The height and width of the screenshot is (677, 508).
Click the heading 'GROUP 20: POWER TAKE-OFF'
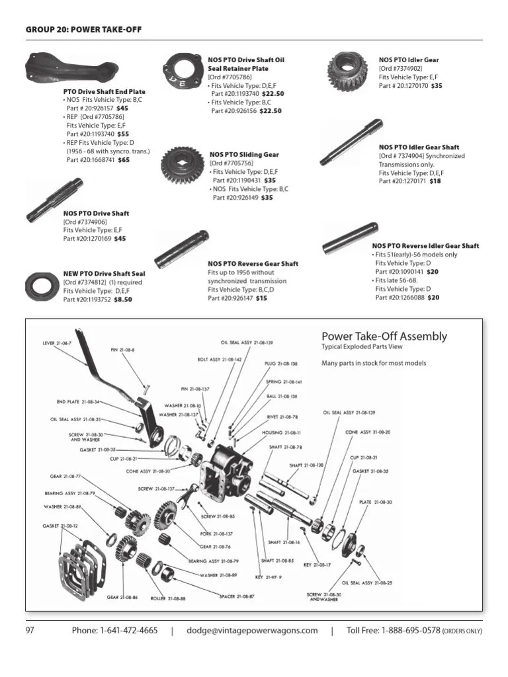(x=83, y=29)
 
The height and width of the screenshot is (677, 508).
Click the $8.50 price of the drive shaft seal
(x=123, y=299)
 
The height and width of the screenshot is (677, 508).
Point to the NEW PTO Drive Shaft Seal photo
(x=42, y=286)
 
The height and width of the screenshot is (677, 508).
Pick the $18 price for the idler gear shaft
(x=435, y=181)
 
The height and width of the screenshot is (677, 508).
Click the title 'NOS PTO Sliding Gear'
(x=244, y=155)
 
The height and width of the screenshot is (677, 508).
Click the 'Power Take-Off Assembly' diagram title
(x=384, y=337)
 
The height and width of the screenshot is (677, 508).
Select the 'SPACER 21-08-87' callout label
(x=236, y=596)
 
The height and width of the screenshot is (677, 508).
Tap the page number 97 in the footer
(x=30, y=631)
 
